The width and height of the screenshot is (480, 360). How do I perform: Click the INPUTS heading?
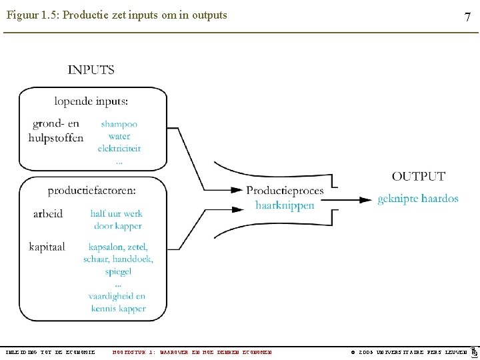click(x=91, y=70)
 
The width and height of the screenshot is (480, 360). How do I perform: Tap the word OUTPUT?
click(x=418, y=177)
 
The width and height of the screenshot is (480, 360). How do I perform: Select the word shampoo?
click(x=119, y=124)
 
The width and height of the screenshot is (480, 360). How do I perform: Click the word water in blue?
click(x=119, y=136)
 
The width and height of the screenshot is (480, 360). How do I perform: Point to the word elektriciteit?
click(x=119, y=148)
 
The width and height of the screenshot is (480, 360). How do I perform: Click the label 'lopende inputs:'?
click(x=91, y=101)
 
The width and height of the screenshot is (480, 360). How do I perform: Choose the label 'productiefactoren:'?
click(x=91, y=191)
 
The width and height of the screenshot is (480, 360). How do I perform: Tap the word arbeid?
click(x=48, y=214)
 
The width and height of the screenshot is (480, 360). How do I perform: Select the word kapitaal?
click(x=47, y=247)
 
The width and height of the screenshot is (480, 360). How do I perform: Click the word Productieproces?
click(x=285, y=191)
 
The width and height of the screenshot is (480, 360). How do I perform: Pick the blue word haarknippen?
click(x=285, y=205)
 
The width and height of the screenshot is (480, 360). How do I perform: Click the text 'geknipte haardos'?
click(x=418, y=199)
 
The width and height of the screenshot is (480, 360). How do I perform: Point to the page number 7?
click(x=468, y=17)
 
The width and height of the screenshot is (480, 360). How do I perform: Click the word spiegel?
click(x=118, y=271)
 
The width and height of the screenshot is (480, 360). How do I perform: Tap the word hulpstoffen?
click(x=56, y=138)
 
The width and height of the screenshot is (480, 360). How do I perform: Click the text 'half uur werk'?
click(x=117, y=214)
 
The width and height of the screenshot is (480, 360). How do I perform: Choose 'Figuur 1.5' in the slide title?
click(x=33, y=15)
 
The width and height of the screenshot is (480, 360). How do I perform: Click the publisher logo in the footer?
click(x=474, y=351)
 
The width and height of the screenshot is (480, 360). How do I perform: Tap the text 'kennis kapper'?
click(x=119, y=309)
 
